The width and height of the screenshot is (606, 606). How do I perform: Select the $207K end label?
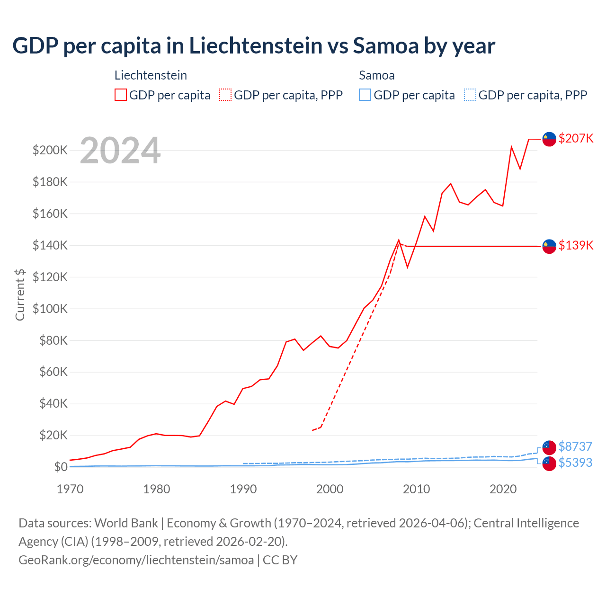[576, 138]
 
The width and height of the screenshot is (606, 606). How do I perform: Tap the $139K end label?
[576, 245]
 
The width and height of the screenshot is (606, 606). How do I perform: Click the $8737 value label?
[575, 446]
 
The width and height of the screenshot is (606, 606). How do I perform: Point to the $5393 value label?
[575, 463]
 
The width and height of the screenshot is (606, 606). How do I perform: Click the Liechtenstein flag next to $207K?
[549, 139]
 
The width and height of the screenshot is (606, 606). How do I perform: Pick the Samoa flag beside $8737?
[549, 447]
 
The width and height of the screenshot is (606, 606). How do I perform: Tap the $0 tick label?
[61, 467]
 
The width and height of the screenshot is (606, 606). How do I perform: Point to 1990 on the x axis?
[243, 489]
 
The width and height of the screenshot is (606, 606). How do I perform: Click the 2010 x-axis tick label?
[416, 489]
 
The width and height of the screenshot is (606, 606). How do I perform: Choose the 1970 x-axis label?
[70, 489]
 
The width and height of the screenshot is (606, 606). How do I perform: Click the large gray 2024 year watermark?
[120, 151]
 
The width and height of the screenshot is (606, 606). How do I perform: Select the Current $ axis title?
[20, 294]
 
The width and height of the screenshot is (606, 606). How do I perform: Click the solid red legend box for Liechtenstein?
[121, 95]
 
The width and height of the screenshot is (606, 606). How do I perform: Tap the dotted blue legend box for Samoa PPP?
[470, 95]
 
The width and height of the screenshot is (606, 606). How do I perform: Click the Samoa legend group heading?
[376, 75]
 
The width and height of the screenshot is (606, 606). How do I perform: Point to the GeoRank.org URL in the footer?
[136, 560]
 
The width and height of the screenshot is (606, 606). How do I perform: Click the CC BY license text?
[280, 560]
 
